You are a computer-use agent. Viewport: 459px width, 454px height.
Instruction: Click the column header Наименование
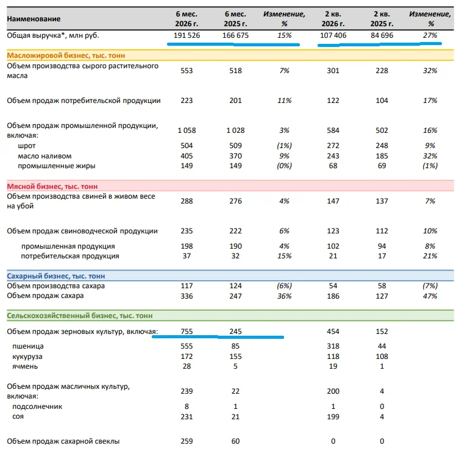pyautogui.click(x=34, y=19)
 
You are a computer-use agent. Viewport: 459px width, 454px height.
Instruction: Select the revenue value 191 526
pyautogui.click(x=187, y=35)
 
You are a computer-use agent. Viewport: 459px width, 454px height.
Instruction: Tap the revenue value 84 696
pyautogui.click(x=382, y=35)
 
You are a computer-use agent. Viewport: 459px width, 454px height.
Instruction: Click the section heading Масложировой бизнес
pyautogui.click(x=66, y=55)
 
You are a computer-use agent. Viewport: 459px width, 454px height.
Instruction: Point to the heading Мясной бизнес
pyautogui.click(x=52, y=186)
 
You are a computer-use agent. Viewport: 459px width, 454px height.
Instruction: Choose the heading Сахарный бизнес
pyautogui.click(x=56, y=276)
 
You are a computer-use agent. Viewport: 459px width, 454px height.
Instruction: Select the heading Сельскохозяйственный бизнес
pyautogui.click(x=80, y=316)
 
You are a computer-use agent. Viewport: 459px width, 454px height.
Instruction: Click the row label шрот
pyautogui.click(x=27, y=146)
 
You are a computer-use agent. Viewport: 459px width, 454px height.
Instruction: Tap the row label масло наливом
pyautogui.click(x=44, y=156)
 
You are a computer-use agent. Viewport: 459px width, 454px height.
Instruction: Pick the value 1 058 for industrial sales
pyautogui.click(x=187, y=130)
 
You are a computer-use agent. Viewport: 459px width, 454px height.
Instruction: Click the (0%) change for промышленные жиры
pyautogui.click(x=284, y=166)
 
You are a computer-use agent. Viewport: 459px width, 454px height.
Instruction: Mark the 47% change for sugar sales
pyautogui.click(x=430, y=296)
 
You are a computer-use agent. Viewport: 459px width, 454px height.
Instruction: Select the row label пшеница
pyautogui.click(x=28, y=346)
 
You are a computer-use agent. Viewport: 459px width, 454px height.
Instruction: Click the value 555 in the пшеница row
pyautogui.click(x=187, y=346)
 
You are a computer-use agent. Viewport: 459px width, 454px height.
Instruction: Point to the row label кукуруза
pyautogui.click(x=27, y=356)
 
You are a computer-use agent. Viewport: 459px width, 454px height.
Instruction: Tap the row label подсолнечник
pyautogui.click(x=37, y=406)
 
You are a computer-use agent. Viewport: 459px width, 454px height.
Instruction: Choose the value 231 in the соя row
pyautogui.click(x=187, y=417)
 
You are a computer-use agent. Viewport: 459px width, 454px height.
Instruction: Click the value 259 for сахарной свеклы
pyautogui.click(x=187, y=441)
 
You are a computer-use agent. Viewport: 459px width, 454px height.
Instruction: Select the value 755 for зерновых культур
pyautogui.click(x=187, y=332)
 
